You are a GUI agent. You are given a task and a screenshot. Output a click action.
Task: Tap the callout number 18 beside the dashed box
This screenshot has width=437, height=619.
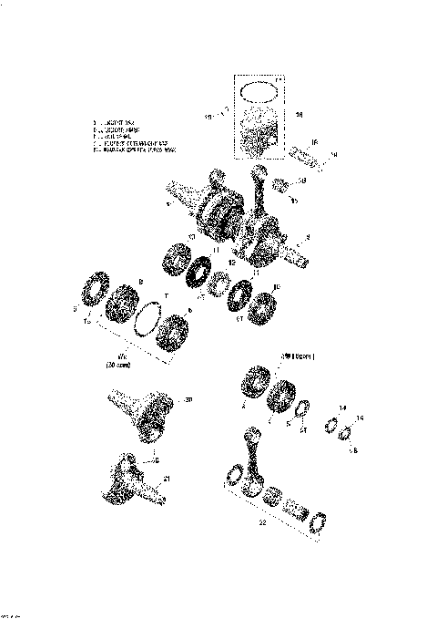(x=300, y=115)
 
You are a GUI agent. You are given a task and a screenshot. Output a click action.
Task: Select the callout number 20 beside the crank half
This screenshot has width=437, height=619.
(x=188, y=399)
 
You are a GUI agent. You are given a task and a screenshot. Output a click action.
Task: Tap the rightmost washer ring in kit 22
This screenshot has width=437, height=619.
(x=320, y=521)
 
